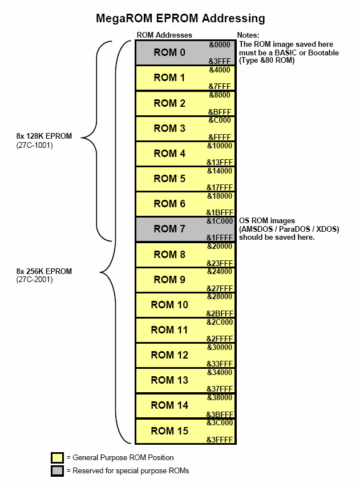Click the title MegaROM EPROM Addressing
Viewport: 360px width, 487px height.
[180, 19]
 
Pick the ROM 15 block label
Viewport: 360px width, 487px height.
[169, 430]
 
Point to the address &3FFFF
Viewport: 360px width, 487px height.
[220, 440]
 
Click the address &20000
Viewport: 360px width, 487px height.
[220, 246]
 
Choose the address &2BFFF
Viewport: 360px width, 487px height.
[220, 313]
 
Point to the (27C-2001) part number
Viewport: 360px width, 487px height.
[35, 280]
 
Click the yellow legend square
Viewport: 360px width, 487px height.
[57, 458]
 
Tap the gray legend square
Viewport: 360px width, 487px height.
[57, 470]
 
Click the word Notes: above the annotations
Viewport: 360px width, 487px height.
[248, 35]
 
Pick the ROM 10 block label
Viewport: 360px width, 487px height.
[169, 305]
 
